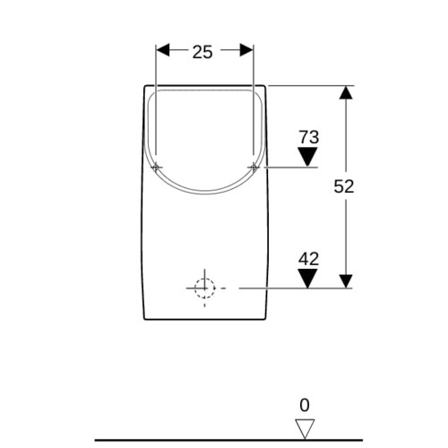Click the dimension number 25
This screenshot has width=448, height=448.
point(202,52)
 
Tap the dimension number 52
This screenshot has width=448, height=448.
point(344,186)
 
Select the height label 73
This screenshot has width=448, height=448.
point(309,137)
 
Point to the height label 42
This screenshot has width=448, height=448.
point(308,259)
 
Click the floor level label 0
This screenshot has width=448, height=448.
point(305,405)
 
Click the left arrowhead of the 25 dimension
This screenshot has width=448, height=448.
point(163,50)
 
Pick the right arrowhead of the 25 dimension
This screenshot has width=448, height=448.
point(246,50)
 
